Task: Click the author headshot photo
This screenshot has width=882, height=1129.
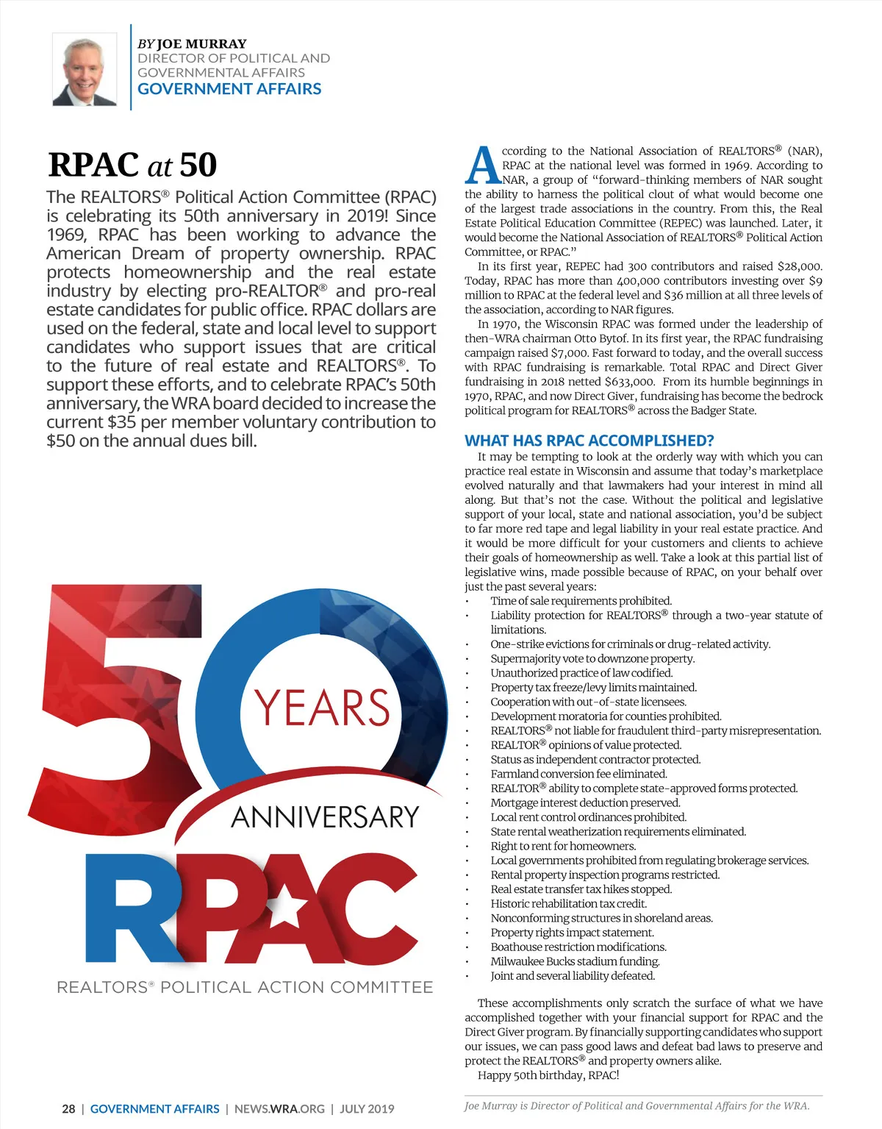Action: point(85,70)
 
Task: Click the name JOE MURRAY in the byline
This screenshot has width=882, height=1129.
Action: point(201,43)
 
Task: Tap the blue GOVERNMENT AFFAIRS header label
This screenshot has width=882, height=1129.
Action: point(229,89)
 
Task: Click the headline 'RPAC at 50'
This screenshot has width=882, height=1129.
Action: point(132,165)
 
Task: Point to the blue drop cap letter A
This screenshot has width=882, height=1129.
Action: point(482,166)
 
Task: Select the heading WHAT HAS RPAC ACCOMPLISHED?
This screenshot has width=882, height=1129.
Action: point(589,441)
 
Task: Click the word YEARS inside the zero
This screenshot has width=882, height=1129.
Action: point(322,707)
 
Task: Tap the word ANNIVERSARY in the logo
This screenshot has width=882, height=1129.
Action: point(325,817)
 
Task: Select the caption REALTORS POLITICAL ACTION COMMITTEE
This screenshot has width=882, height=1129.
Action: point(245,987)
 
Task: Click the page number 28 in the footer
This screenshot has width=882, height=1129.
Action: point(68,1108)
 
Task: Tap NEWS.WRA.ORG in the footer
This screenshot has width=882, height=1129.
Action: point(279,1108)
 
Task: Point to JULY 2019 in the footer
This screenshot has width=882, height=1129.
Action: point(367,1108)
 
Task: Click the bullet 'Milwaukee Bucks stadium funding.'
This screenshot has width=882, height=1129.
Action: point(575,961)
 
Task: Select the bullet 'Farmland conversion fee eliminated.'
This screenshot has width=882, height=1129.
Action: point(578,774)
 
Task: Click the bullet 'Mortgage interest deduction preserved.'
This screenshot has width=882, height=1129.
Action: point(585,802)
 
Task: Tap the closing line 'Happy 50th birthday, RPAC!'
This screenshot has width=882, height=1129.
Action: point(548,1075)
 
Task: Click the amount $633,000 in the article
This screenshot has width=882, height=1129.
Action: point(629,382)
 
